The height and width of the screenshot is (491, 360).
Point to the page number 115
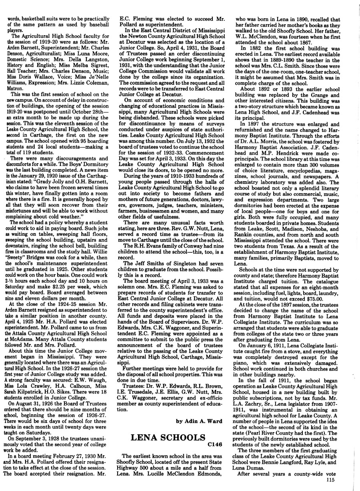[330, 480]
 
